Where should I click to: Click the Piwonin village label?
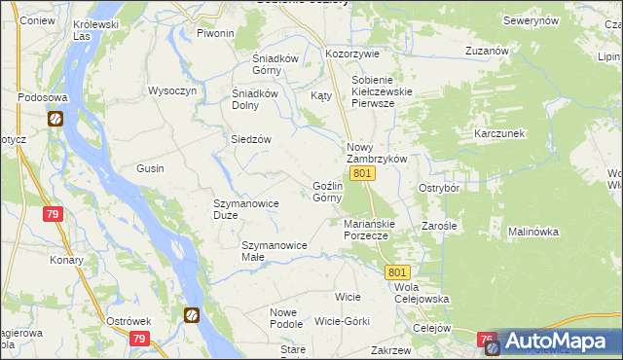tap(216, 33)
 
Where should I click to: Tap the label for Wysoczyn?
tap(172, 90)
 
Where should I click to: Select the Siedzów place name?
tap(250, 139)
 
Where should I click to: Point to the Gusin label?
tap(150, 168)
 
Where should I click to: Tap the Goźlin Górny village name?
tap(327, 191)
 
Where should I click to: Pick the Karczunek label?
tap(499, 132)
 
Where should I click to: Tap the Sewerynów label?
tap(531, 20)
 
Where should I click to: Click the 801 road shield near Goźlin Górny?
tap(363, 173)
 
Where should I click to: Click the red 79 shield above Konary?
tap(54, 214)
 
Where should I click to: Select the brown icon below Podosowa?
tap(55, 119)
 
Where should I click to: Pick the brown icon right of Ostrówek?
tap(192, 315)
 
